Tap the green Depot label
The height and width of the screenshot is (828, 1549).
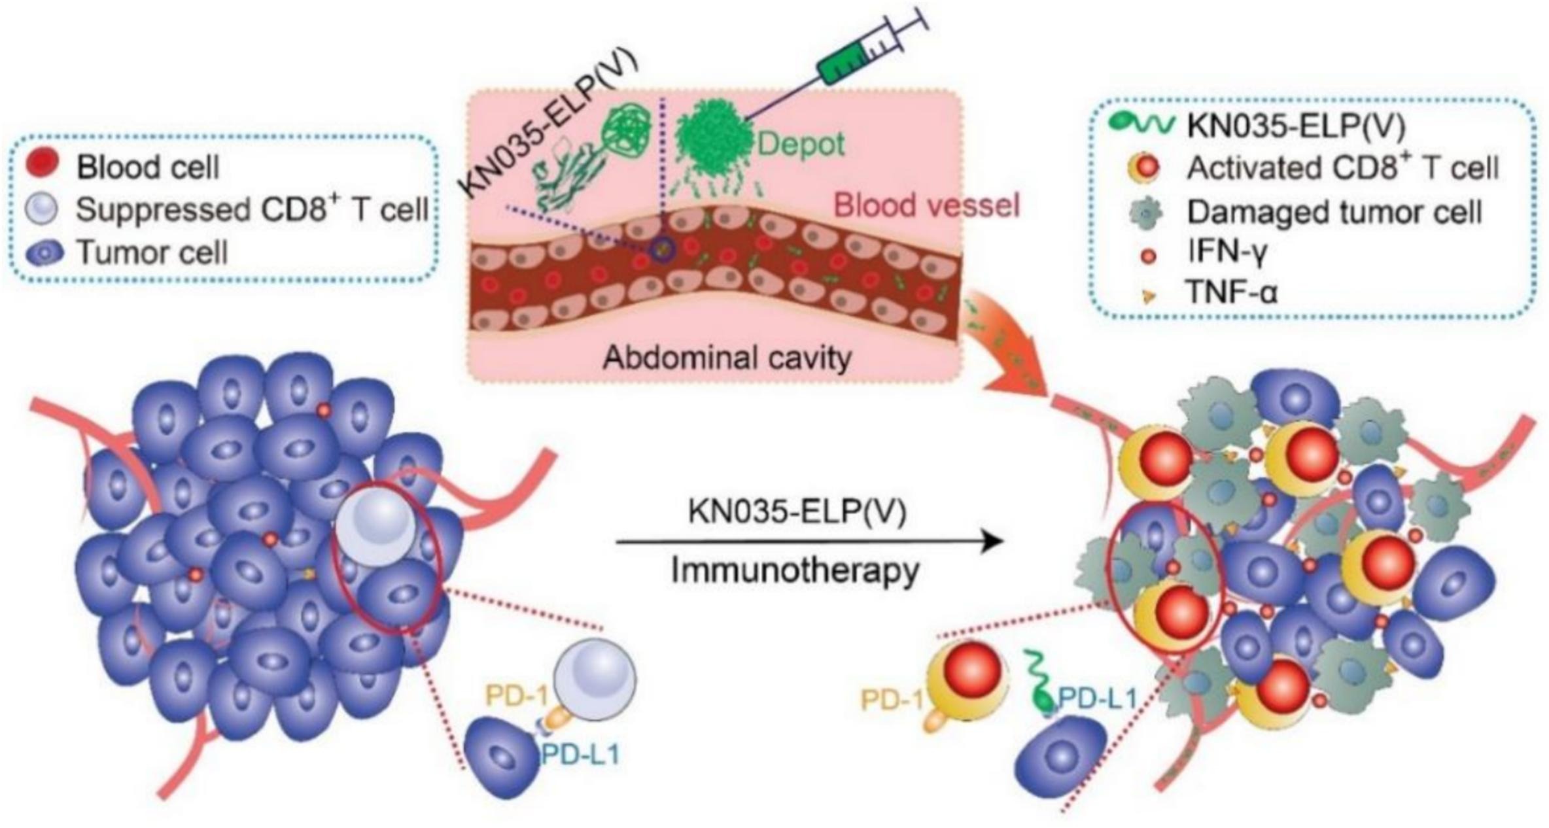pyautogui.click(x=801, y=145)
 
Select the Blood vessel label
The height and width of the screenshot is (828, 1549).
pyautogui.click(x=927, y=206)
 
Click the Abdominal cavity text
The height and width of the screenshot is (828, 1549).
pyautogui.click(x=727, y=358)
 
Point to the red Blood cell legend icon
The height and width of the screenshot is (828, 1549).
pyautogui.click(x=43, y=164)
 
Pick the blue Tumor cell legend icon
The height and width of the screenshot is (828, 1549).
pyautogui.click(x=44, y=253)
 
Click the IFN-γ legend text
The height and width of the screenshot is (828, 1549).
pyautogui.click(x=1227, y=252)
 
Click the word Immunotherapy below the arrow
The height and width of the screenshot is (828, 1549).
pyautogui.click(x=795, y=571)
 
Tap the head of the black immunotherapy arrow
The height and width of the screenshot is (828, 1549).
pyautogui.click(x=994, y=542)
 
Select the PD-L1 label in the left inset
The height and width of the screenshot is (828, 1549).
pyautogui.click(x=580, y=755)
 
